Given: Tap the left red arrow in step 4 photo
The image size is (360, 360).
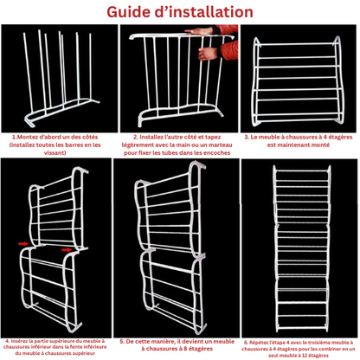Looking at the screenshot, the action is (23, 244).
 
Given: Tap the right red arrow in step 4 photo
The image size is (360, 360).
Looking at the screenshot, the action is (67, 250).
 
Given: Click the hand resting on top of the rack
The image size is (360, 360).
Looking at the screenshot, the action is (199, 31).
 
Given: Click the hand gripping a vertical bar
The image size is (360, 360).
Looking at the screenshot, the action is (208, 54).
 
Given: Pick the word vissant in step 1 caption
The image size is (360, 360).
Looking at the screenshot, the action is (55, 153).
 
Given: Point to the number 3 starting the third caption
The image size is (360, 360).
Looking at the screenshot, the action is (247, 137).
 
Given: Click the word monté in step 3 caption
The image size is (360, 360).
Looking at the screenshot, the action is (320, 145).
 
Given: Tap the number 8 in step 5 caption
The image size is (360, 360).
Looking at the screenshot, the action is (181, 349).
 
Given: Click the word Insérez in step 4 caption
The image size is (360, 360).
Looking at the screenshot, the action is (18, 341).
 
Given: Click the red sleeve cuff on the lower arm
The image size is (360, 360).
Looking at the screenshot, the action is (228, 49).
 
